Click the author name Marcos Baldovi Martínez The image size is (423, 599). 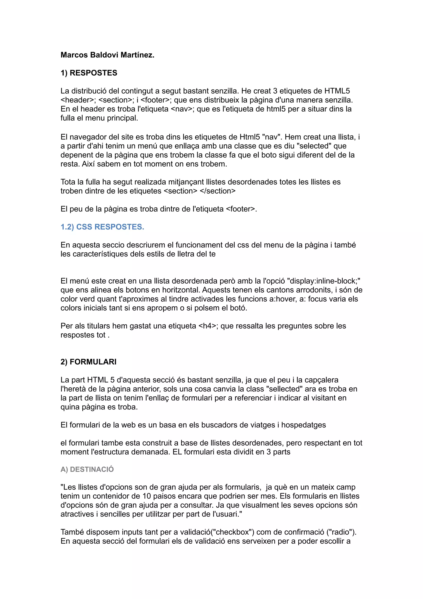pyautogui.click(x=107, y=55)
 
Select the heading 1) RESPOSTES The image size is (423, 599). pyautogui.click(x=89, y=73)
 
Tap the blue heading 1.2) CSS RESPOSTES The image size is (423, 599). pyautogui.click(x=102, y=227)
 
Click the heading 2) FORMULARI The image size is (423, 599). pyautogui.click(x=88, y=362)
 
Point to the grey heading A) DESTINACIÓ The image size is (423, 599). pyautogui.click(x=87, y=469)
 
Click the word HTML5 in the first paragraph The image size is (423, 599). pyautogui.click(x=337, y=91)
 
